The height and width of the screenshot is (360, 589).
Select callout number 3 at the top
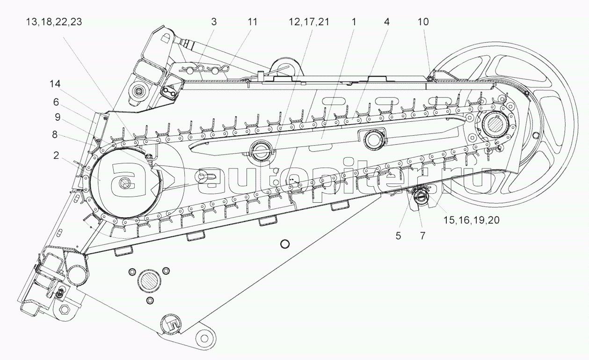(x=213, y=22)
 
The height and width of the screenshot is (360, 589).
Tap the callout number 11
(x=252, y=22)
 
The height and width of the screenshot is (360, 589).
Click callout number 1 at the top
(x=354, y=22)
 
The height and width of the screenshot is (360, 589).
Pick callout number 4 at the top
(x=387, y=22)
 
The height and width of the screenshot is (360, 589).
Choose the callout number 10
(x=423, y=22)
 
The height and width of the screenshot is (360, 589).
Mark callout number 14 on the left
(x=55, y=84)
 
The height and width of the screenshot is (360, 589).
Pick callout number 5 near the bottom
(x=398, y=236)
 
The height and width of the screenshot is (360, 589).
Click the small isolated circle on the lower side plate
(x=284, y=243)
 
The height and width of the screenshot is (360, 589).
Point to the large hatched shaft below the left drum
(x=150, y=282)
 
